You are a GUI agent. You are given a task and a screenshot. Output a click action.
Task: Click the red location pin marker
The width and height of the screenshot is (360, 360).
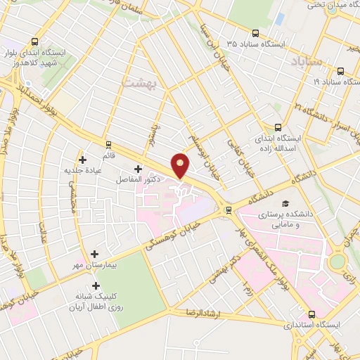pos(181,165)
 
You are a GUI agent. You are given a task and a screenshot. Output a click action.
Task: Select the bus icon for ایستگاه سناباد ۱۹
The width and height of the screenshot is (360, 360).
pos(341,71)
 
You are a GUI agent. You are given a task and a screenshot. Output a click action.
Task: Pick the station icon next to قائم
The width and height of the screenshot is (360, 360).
pos(108,144)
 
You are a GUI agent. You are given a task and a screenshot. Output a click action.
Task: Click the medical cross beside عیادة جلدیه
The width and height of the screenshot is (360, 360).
pos(82,160)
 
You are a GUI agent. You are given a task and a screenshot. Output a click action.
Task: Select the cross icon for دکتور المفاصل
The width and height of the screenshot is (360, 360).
pos(138,169)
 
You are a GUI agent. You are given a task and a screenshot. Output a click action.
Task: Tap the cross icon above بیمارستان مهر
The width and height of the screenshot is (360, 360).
pos(94,254)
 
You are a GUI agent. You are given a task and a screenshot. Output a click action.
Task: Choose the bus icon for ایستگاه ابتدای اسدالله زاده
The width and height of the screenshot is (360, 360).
pos(277,127)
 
